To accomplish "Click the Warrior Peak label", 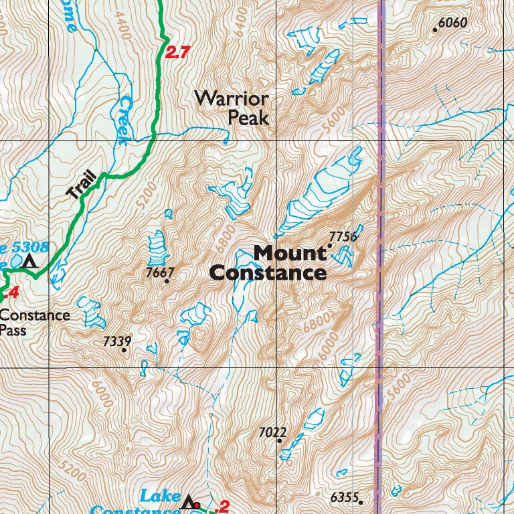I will point(232,108).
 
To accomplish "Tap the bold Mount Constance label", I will point(268,263).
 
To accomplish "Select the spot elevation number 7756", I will point(343,236).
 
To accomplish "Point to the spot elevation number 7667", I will point(160,272).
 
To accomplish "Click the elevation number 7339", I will point(117,341).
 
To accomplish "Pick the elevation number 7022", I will point(272,432).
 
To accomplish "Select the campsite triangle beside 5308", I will point(29,261).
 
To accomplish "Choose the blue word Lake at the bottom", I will point(160,497).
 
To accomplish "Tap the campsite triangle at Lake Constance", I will point(189,501).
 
